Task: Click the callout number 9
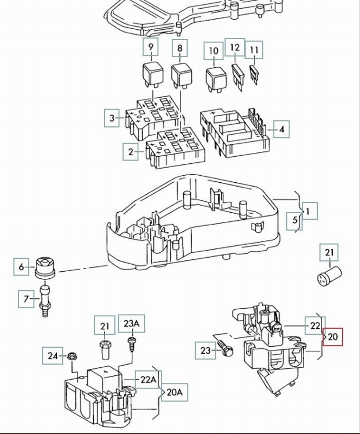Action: click(151, 48)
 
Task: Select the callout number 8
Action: click(179, 48)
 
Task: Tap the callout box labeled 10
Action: click(214, 52)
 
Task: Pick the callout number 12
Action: click(235, 48)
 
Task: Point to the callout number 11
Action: click(254, 51)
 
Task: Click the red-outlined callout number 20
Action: click(333, 337)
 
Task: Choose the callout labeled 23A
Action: click(132, 325)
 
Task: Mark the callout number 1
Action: click(310, 211)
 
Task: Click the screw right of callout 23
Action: click(227, 350)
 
